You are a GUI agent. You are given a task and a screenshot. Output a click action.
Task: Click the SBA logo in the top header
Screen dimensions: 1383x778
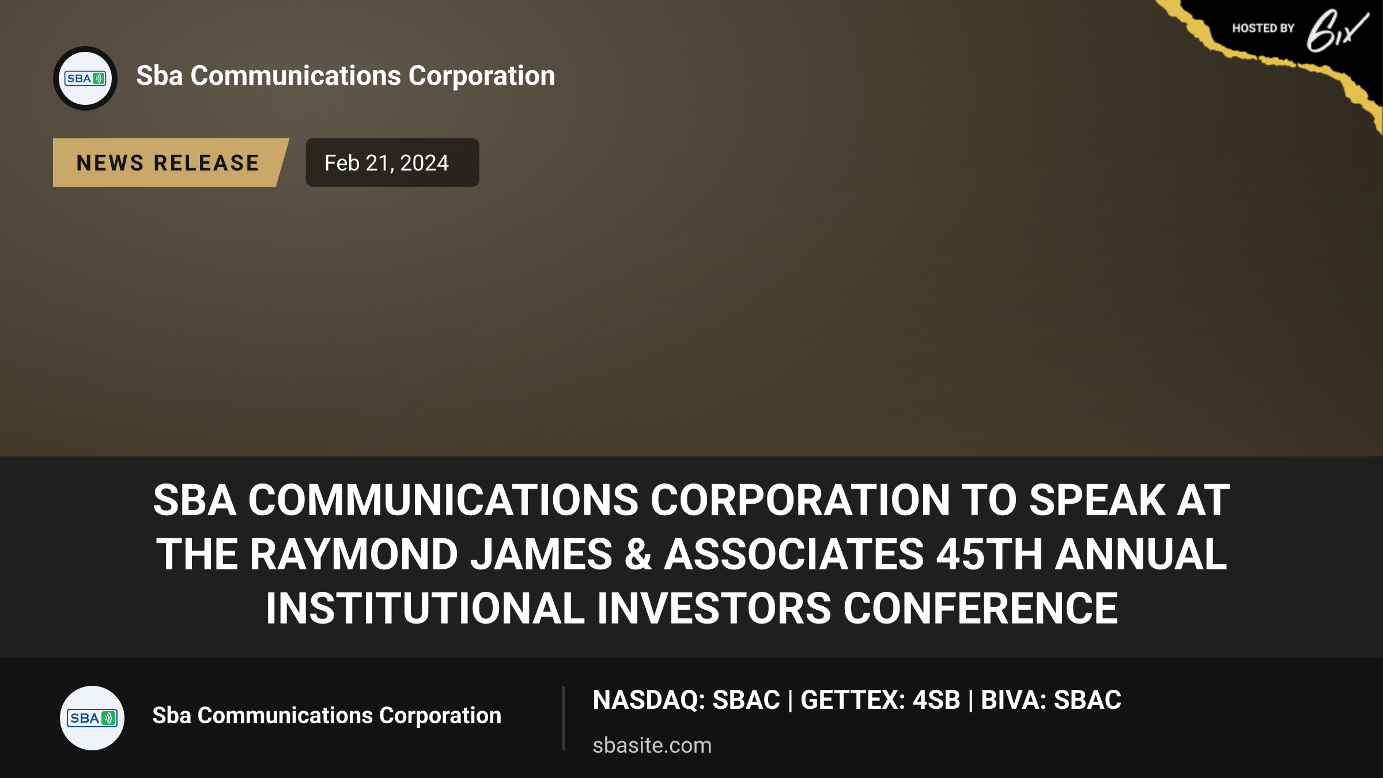click(x=85, y=78)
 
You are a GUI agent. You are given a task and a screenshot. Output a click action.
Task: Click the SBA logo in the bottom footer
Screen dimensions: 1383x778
click(x=92, y=717)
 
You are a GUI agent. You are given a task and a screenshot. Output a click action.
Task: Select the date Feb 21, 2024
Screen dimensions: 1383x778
click(x=387, y=163)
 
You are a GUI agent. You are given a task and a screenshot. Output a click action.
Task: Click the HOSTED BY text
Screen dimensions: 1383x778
click(x=1263, y=28)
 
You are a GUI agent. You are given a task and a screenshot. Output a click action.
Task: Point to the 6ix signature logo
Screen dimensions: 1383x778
click(x=1337, y=31)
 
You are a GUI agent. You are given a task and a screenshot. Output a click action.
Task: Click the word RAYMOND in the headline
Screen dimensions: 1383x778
click(x=354, y=554)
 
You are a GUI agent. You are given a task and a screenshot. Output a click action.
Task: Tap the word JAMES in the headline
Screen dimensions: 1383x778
click(x=541, y=554)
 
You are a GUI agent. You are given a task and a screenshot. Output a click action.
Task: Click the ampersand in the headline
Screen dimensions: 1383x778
click(x=638, y=554)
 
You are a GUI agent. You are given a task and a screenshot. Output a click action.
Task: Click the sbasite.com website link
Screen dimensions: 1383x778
click(x=652, y=745)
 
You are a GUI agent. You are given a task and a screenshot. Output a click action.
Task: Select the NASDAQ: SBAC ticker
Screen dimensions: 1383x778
click(x=686, y=700)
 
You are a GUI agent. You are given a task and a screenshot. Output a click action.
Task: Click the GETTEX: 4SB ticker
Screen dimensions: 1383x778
click(x=881, y=700)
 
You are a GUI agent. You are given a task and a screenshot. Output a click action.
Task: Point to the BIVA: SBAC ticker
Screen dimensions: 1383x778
click(x=1051, y=700)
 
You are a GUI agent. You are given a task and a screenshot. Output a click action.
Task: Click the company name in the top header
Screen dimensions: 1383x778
click(x=346, y=76)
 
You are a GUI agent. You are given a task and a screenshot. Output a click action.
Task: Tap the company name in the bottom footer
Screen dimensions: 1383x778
click(x=327, y=715)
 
